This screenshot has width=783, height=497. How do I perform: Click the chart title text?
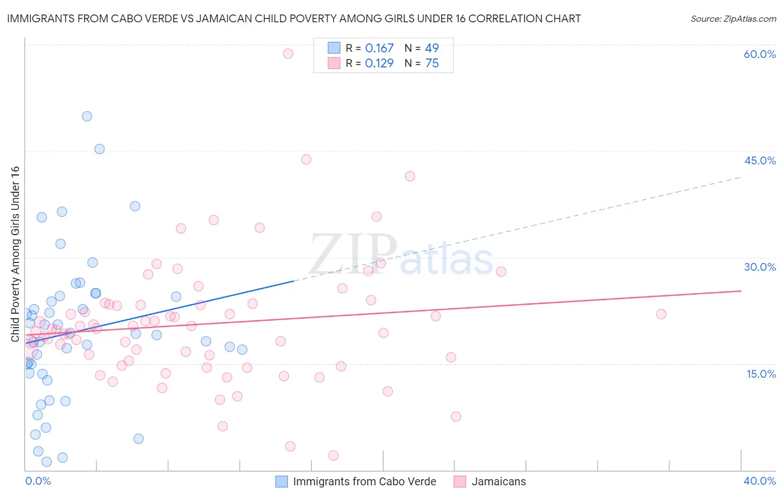tap(293, 18)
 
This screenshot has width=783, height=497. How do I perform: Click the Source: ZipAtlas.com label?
tap(733, 18)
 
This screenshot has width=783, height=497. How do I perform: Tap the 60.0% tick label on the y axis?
tap(760, 54)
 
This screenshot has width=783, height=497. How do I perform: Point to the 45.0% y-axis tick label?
tap(760, 160)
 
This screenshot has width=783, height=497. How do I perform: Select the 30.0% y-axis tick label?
tap(760, 267)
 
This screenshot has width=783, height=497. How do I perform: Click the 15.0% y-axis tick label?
tap(761, 374)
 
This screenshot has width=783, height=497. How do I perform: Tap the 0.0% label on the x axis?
tap(38, 481)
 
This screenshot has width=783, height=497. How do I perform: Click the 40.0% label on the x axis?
tap(760, 481)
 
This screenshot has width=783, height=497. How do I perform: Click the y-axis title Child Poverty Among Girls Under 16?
tap(15, 254)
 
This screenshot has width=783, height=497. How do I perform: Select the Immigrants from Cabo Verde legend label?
tap(364, 481)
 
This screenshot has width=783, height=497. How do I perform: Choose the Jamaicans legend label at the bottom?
tap(498, 481)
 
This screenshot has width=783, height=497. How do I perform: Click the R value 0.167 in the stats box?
tap(379, 48)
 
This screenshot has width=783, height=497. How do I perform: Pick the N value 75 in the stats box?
tap(432, 64)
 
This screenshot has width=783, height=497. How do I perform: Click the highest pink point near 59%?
tap(288, 53)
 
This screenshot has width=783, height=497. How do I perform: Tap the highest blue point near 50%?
tap(87, 116)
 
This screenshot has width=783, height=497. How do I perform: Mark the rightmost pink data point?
tap(661, 314)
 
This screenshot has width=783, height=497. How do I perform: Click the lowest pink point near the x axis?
tap(333, 455)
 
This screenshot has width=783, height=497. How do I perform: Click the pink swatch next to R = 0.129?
tap(334, 63)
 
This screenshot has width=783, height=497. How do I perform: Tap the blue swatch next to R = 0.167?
tap(334, 48)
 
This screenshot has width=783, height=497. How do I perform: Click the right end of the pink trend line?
tap(741, 291)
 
